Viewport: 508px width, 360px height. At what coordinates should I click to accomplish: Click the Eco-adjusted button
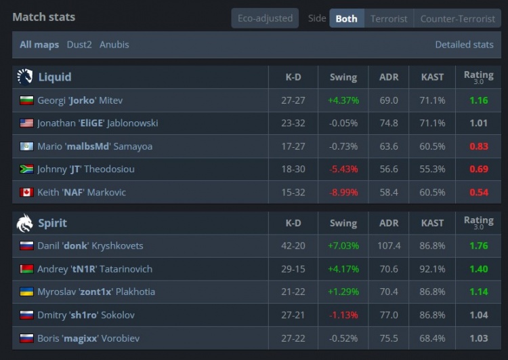click(265, 18)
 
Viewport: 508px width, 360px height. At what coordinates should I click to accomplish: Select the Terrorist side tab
click(389, 18)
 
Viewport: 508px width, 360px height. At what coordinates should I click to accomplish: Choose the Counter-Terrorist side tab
click(457, 18)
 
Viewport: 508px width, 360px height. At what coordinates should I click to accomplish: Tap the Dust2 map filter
click(79, 45)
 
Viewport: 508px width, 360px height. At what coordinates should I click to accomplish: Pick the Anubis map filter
click(114, 45)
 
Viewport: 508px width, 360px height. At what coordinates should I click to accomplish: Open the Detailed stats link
click(464, 45)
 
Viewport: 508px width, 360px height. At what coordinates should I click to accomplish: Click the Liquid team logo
click(25, 77)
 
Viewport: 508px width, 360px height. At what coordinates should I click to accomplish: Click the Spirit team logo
click(25, 223)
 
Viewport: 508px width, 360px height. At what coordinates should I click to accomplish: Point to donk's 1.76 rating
click(478, 246)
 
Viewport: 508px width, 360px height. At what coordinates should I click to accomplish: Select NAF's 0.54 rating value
click(478, 193)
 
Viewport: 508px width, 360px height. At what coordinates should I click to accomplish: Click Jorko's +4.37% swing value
click(343, 100)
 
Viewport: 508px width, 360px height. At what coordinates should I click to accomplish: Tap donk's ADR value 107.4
click(389, 246)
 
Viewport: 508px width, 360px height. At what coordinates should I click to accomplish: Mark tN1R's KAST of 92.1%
click(432, 269)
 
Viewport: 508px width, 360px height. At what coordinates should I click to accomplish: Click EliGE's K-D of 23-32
click(293, 123)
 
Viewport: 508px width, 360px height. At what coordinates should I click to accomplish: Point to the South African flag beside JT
click(26, 169)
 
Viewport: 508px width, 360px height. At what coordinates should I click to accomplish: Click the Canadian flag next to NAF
click(26, 193)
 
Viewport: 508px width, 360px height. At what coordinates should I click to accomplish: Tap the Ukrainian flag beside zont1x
click(26, 292)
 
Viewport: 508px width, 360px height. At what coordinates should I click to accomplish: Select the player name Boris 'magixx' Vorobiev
click(89, 338)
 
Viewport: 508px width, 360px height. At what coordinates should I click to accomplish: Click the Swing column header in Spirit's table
click(343, 223)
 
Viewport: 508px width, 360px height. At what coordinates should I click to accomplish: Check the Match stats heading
click(44, 17)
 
